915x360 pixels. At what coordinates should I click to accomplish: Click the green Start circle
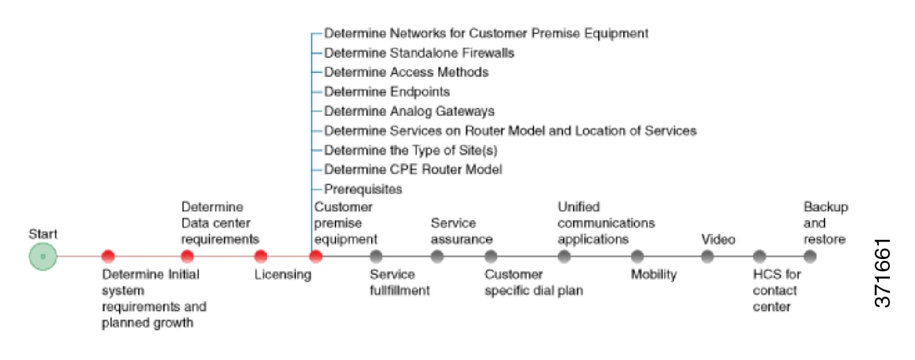pos(43,256)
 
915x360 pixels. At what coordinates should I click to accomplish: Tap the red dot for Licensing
pos(261,256)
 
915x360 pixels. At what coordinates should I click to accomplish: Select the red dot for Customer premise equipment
pos(316,256)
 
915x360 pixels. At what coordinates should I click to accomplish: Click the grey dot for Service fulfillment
pos(376,256)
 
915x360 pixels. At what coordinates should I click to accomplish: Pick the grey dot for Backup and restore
pos(809,256)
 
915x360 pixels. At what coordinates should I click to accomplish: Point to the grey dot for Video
pos(707,256)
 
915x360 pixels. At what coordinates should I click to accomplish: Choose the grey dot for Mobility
pos(637,256)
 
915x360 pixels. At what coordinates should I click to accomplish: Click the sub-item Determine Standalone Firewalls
pos(419,53)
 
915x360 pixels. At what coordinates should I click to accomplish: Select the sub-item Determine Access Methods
pos(406,72)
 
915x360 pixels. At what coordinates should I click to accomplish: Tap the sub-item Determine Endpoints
pos(387,92)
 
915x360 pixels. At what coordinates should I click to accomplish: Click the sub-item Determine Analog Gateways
pos(409,111)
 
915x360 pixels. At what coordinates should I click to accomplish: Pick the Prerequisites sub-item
pos(363,189)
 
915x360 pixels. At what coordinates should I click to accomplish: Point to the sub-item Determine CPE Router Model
pos(413,169)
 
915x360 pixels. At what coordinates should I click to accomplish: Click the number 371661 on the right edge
pos(883,272)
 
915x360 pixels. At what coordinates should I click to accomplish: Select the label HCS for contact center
pos(776,291)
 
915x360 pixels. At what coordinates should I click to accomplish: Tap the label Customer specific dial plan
pos(533,282)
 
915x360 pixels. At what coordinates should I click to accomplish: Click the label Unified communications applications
pos(606,223)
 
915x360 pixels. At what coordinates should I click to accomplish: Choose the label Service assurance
pos(461,232)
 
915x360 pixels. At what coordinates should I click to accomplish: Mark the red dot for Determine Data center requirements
pos(187,256)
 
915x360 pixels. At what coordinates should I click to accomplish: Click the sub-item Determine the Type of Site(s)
pos(411,150)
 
